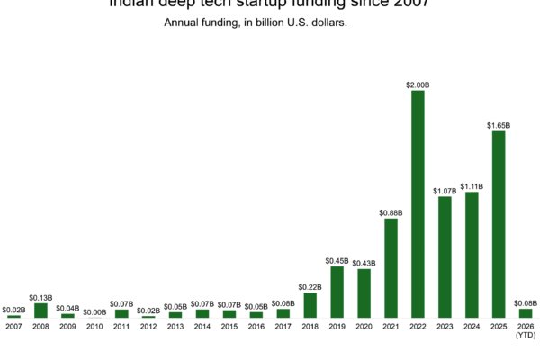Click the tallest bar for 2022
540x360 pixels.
pyautogui.click(x=418, y=204)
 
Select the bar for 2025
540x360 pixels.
pyautogui.click(x=499, y=225)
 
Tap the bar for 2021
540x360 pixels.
pyautogui.click(x=391, y=268)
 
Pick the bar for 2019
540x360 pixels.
pyautogui.click(x=337, y=292)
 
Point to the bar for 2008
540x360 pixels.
pyautogui.click(x=40, y=310)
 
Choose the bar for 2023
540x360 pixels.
pyautogui.click(x=445, y=257)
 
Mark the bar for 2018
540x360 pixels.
pyautogui.click(x=310, y=305)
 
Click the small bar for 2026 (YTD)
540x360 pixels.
pyautogui.click(x=526, y=313)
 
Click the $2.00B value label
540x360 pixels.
pyautogui.click(x=418, y=84)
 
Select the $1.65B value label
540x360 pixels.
pyautogui.click(x=499, y=125)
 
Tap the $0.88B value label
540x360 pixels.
pyautogui.click(x=391, y=212)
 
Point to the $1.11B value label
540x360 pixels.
pyautogui.click(x=472, y=186)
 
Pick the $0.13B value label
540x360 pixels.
pyautogui.click(x=40, y=297)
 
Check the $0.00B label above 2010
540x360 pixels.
pyautogui.click(x=94, y=311)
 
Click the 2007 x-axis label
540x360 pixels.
pyautogui.click(x=13, y=326)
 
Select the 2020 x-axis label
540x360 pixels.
pyautogui.click(x=364, y=326)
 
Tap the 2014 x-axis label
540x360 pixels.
pyautogui.click(x=202, y=326)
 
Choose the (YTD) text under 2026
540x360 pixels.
pyautogui.click(x=526, y=336)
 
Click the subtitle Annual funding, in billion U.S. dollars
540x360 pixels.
pyautogui.click(x=256, y=22)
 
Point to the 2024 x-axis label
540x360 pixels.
pyautogui.click(x=472, y=326)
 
